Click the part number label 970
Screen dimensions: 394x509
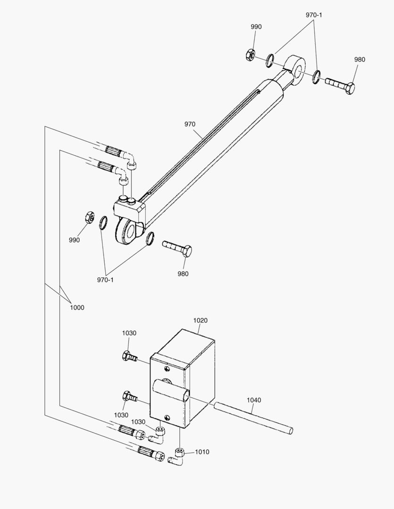190,124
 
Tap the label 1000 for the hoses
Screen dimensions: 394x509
77,307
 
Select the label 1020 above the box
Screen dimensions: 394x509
200,320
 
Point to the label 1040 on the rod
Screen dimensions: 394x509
253,400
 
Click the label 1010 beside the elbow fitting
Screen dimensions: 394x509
202,452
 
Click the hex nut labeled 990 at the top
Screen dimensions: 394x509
250,54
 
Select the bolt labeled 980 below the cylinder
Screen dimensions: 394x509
177,248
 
